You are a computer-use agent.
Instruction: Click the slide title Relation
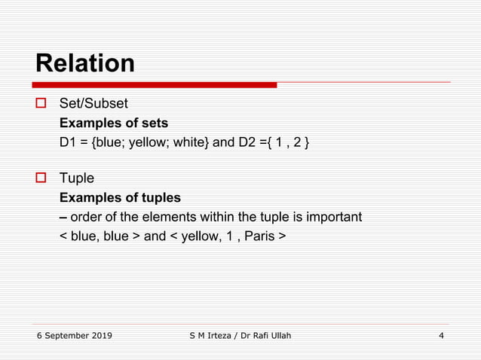[85, 63]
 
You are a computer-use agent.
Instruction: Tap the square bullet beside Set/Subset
[42, 104]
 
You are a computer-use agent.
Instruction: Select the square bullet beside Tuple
[42, 178]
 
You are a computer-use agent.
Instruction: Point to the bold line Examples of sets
[113, 123]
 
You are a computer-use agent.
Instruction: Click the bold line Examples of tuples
[120, 198]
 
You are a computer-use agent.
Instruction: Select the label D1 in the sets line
[68, 142]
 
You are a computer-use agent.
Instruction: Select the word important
[332, 217]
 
